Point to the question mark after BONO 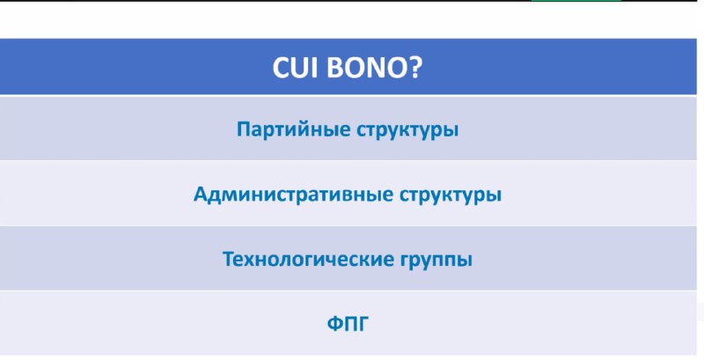tap(411, 67)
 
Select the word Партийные tap(294, 129)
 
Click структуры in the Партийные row tap(407, 130)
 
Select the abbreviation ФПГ tap(348, 324)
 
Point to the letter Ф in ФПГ tap(335, 324)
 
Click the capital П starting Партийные tap(243, 129)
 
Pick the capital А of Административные tap(202, 195)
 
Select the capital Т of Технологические tap(229, 259)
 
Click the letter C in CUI tap(281, 67)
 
